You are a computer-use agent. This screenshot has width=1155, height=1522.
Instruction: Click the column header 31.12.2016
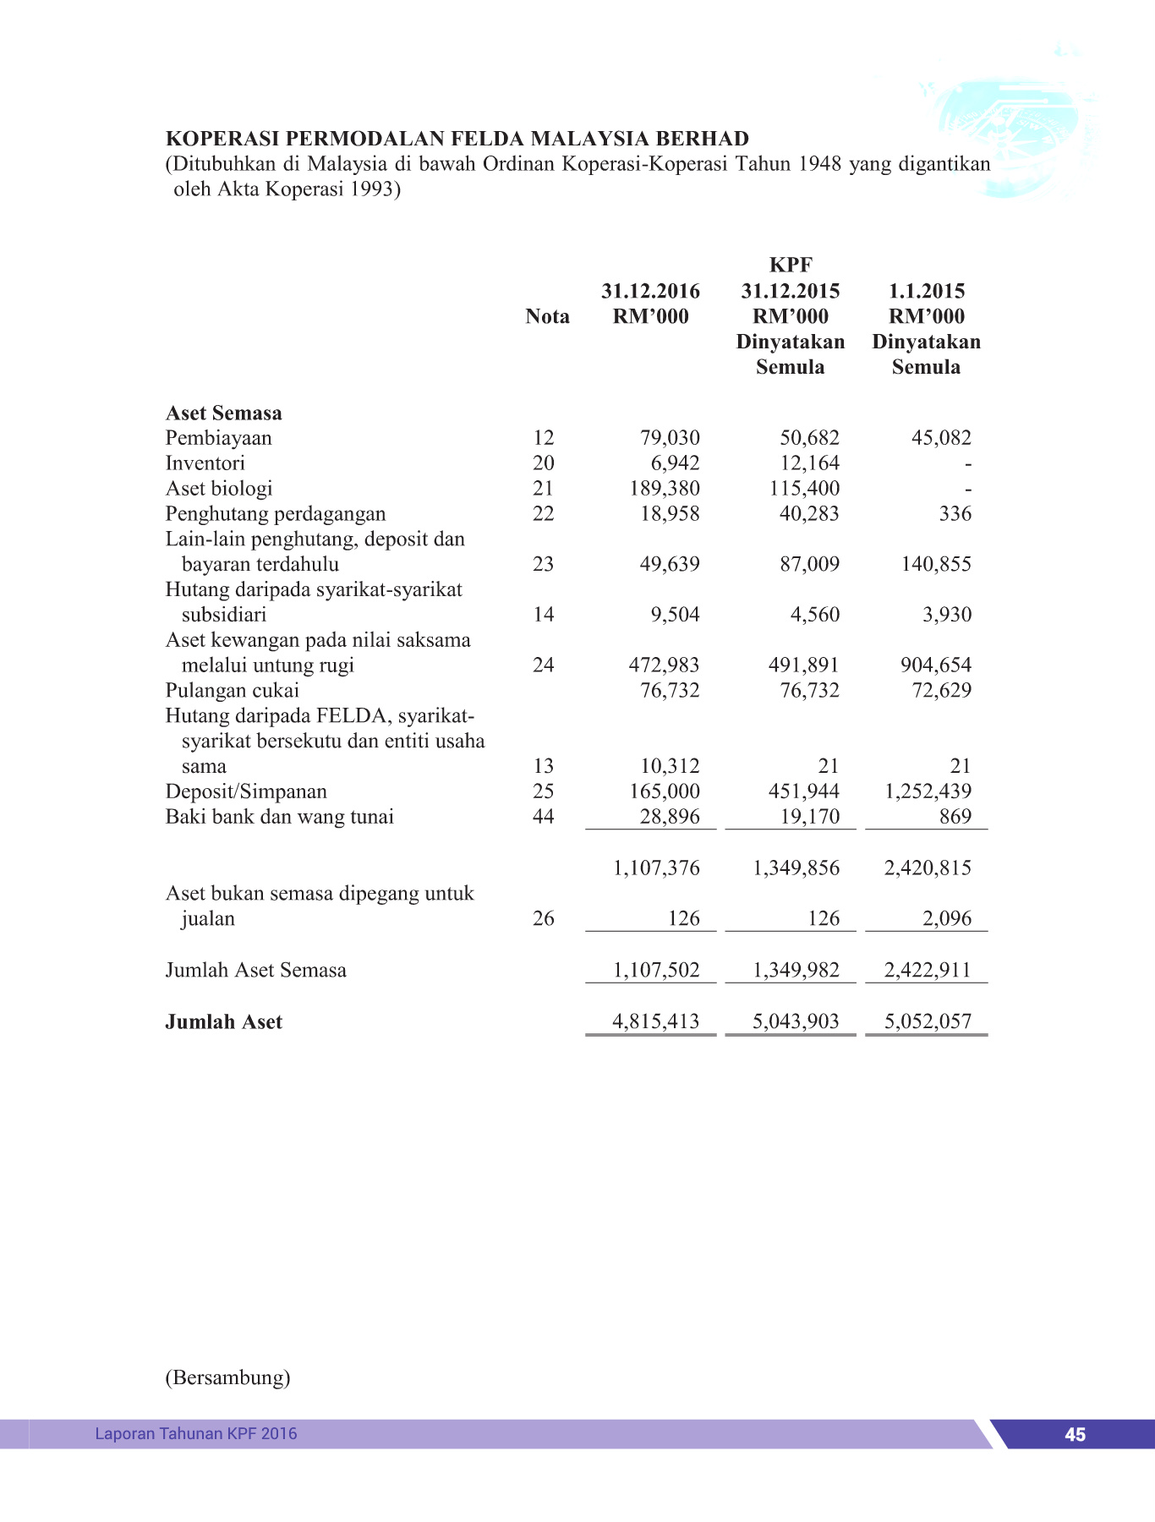click(650, 292)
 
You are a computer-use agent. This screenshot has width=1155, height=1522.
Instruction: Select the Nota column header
click(547, 317)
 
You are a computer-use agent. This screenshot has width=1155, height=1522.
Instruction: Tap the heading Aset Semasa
click(223, 413)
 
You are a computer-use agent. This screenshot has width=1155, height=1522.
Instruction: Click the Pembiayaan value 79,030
click(670, 438)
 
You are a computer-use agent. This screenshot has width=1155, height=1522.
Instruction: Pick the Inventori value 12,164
click(809, 463)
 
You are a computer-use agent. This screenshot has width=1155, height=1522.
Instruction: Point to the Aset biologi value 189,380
click(665, 489)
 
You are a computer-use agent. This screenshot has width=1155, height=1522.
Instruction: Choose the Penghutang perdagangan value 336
click(955, 514)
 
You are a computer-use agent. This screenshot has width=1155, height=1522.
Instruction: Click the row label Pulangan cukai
click(232, 691)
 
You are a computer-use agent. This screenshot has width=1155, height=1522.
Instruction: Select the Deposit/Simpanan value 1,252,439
click(928, 791)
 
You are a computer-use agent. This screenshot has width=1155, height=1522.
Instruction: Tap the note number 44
click(543, 817)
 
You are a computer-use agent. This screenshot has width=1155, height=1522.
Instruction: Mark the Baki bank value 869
click(955, 817)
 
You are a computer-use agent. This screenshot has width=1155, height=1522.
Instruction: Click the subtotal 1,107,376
click(656, 868)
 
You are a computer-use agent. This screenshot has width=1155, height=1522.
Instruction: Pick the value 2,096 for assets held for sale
click(947, 919)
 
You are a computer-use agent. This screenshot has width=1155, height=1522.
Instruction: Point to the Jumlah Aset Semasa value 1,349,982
click(796, 971)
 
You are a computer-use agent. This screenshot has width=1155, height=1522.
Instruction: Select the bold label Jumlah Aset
click(223, 1022)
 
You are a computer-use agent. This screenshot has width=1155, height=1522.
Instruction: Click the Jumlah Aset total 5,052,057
click(928, 1022)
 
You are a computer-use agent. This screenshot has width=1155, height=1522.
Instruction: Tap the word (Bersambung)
click(227, 1378)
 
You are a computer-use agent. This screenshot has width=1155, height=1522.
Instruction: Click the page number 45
click(1075, 1435)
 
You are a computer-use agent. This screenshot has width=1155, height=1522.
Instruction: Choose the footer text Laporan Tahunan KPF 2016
click(196, 1434)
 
